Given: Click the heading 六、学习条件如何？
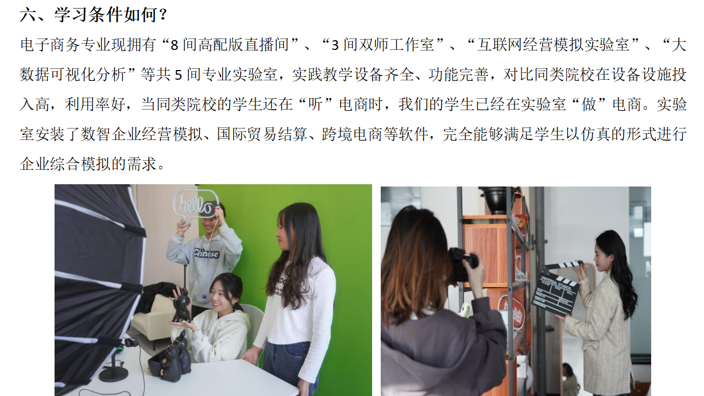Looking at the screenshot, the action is point(94,14).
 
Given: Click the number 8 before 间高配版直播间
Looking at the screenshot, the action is point(175,45).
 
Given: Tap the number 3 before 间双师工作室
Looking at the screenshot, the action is point(335,45).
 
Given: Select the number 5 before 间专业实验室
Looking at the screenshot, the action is point(178,75).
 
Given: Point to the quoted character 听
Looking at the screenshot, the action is point(315,104).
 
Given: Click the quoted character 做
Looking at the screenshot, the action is point(589,104).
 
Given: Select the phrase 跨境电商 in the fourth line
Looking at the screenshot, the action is point(353,134).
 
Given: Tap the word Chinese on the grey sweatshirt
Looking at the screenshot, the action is point(206,253).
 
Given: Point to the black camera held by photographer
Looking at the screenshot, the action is point(463,265).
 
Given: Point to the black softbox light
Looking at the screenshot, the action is point(98,282).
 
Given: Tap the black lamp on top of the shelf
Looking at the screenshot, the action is point(497,199).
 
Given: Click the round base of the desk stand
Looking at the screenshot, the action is point(114,374).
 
